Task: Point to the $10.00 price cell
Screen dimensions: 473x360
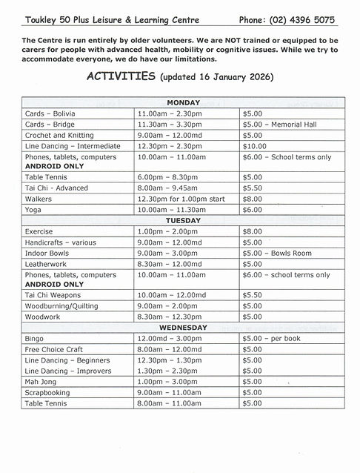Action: click(256, 146)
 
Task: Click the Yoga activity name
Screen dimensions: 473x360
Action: click(33, 210)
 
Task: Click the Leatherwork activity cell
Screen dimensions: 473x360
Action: click(47, 263)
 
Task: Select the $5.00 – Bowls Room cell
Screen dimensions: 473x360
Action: click(276, 253)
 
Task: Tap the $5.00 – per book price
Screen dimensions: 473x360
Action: click(272, 338)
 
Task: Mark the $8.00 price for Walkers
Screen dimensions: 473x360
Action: click(253, 199)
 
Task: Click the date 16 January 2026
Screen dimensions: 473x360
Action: click(232, 76)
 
